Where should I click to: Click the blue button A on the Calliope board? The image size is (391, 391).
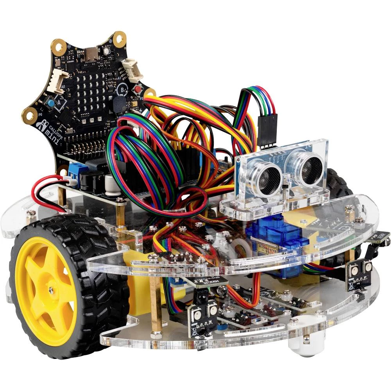(51, 103)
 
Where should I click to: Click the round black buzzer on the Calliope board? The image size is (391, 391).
(118, 104)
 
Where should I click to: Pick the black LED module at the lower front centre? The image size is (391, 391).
(202, 315)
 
